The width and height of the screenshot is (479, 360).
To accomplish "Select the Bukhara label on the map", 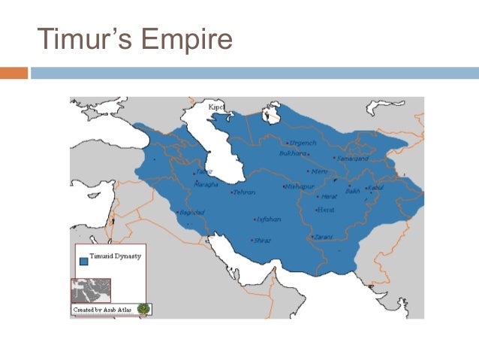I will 293,153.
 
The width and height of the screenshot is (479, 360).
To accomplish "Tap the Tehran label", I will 244,192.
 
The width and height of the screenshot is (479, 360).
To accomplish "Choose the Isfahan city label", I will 268,220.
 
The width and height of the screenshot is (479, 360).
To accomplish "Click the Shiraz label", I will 263,241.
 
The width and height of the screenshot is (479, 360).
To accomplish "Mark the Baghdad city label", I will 192,213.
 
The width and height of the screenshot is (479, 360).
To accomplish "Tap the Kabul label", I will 375,187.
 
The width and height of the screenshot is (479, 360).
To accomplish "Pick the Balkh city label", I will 353,192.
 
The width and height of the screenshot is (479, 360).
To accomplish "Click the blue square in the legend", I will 83,262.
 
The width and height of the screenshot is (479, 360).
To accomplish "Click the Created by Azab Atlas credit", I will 103,309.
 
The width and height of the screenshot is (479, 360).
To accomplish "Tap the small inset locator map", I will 90,290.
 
